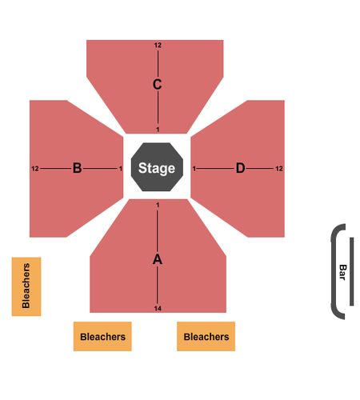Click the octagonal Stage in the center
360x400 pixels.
point(157,167)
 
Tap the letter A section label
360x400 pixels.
point(158,259)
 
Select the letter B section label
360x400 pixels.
point(78,168)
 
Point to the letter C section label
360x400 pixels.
point(158,84)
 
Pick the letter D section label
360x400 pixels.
point(240,168)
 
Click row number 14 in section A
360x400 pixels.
point(158,309)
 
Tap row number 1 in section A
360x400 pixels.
point(158,205)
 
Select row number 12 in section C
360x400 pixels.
point(158,45)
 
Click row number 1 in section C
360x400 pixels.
point(158,130)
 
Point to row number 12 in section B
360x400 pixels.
point(35,169)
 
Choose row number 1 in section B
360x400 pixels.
point(121,169)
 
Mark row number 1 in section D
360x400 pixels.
point(194,169)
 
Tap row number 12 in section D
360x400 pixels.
point(279,169)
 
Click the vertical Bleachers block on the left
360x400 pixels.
point(26,286)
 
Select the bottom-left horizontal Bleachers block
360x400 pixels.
point(102,336)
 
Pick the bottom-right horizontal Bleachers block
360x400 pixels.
point(206,336)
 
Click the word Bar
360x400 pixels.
point(342,272)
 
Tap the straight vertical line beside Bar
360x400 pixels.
point(352,271)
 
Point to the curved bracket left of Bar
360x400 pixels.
point(333,271)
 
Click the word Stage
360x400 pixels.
point(157,168)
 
